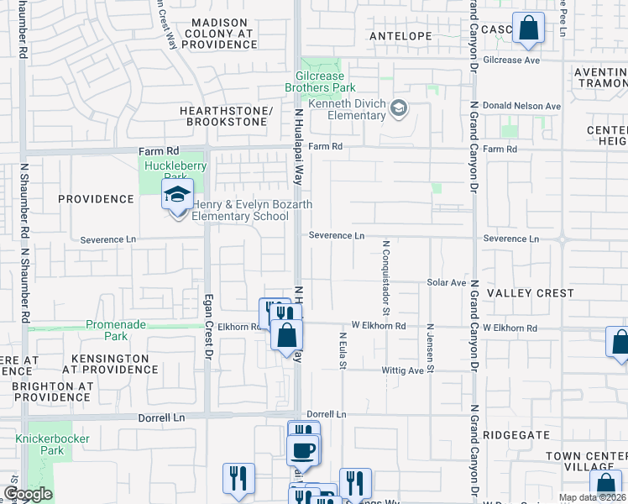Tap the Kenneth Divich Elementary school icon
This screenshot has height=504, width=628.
pyautogui.click(x=399, y=108)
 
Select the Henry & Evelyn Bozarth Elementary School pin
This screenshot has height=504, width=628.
pyautogui.click(x=177, y=197)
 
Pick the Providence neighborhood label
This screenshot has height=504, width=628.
pyautogui.click(x=96, y=199)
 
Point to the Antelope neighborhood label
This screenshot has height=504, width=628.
pyautogui.click(x=400, y=36)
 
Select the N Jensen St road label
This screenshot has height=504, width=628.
pyautogui.click(x=431, y=348)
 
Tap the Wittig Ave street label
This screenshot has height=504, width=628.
pyautogui.click(x=406, y=370)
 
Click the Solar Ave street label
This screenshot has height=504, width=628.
pyautogui.click(x=446, y=283)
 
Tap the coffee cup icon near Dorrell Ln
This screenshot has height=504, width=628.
pyautogui.click(x=303, y=449)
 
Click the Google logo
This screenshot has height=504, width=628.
pyautogui.click(x=28, y=494)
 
